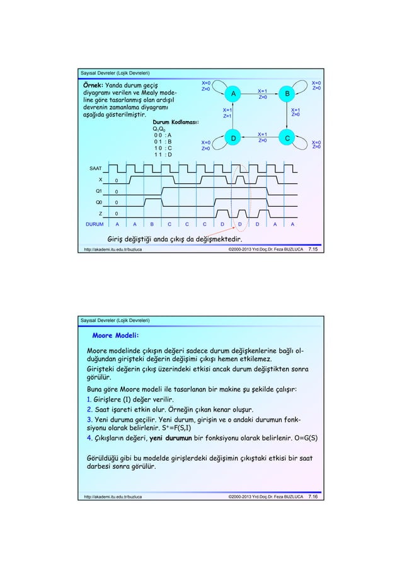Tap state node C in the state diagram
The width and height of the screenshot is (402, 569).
[x=287, y=137]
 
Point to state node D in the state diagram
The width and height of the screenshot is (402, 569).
[x=233, y=137]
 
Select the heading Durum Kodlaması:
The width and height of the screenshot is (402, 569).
[x=176, y=122]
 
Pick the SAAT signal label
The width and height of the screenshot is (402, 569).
[x=96, y=169]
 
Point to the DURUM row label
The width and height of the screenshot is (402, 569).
[x=95, y=224]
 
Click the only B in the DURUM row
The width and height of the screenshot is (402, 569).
[x=152, y=224]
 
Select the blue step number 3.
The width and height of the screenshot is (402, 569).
[x=89, y=420]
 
